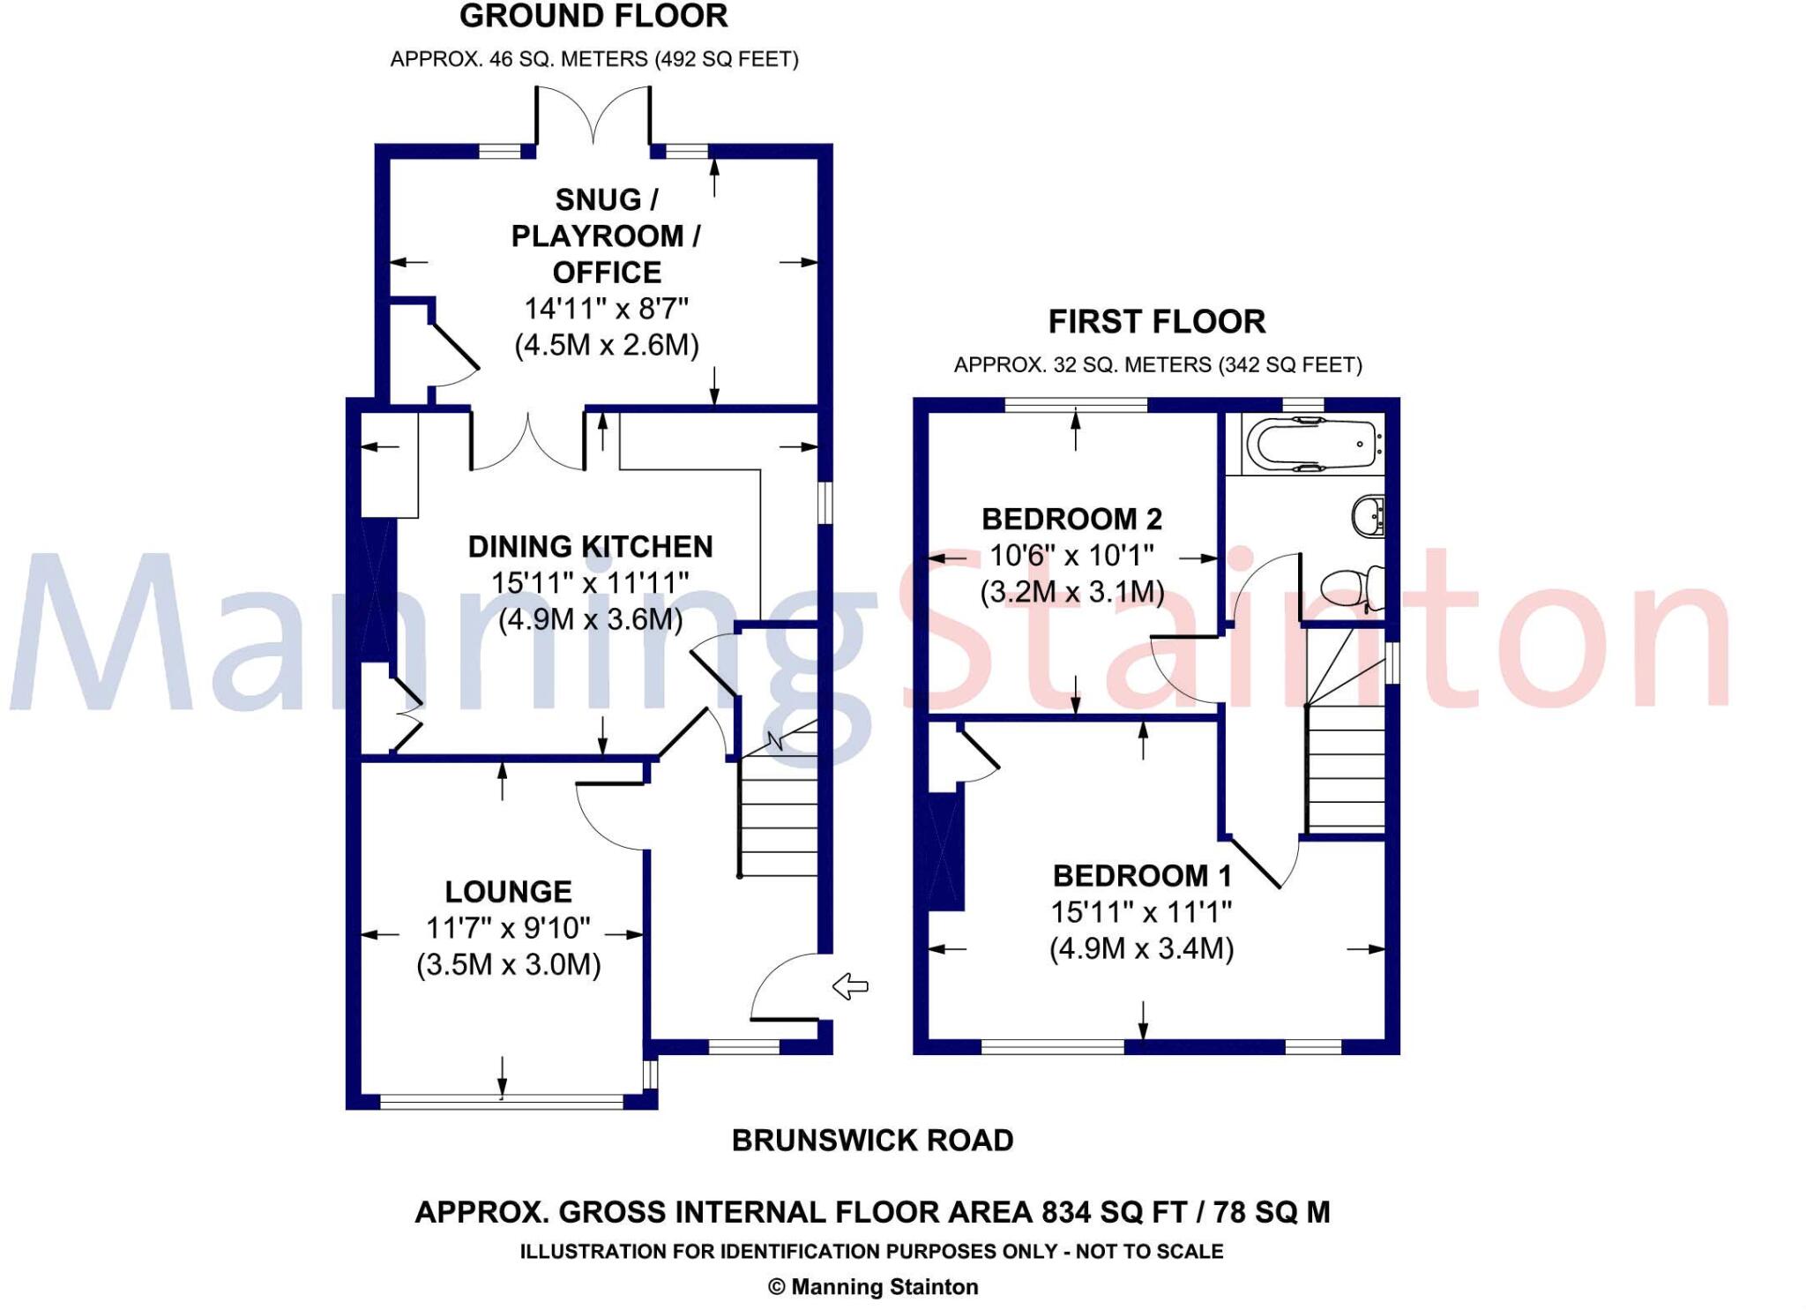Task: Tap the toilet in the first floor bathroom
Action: (x=1349, y=588)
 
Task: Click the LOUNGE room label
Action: (x=509, y=892)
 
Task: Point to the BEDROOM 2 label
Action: (x=1071, y=519)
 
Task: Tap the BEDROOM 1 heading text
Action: (x=1142, y=876)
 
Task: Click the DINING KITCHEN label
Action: (x=590, y=547)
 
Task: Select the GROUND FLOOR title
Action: (x=593, y=17)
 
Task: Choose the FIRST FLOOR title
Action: (x=1156, y=322)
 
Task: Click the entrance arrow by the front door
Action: (x=850, y=986)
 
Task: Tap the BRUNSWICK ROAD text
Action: (x=872, y=1141)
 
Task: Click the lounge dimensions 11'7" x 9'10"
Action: (x=508, y=928)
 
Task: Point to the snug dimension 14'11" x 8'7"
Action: (x=606, y=309)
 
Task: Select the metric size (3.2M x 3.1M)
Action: (x=1071, y=592)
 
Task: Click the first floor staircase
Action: (x=1346, y=759)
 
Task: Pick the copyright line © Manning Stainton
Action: (x=872, y=1287)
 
